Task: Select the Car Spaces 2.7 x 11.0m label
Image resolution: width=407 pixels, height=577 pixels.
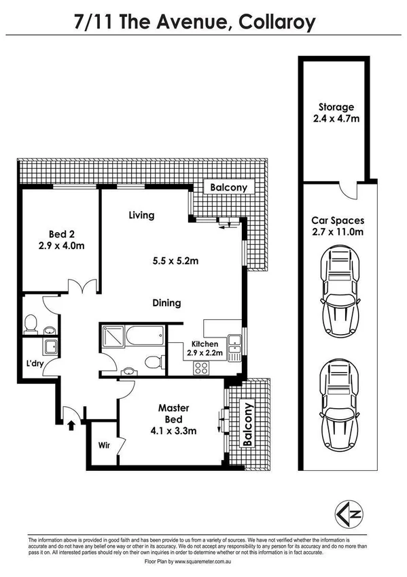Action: [x=338, y=226]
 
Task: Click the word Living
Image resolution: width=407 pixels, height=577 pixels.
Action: [x=142, y=216]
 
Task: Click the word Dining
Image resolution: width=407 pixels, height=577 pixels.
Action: [x=166, y=303]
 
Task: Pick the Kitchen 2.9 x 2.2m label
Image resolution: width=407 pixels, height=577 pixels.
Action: [x=205, y=349]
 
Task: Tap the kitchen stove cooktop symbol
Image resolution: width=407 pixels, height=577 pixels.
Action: [x=201, y=367]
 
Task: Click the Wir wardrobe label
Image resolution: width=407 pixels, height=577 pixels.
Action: [x=103, y=446]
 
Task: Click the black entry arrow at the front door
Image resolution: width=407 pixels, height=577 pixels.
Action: [x=73, y=425]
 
